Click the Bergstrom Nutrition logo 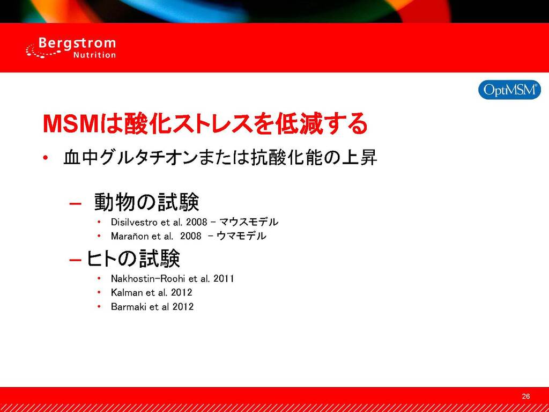(x=71, y=48)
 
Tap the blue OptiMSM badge (x=509, y=90)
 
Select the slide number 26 (x=525, y=396)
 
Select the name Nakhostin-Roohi (x=149, y=278)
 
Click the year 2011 (x=224, y=278)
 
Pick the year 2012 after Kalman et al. (x=181, y=292)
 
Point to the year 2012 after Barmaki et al (x=183, y=307)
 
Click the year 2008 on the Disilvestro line (x=197, y=222)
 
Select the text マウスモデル (x=249, y=222)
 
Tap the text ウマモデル (x=241, y=236)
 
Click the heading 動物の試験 (x=147, y=202)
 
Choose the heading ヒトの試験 (x=133, y=259)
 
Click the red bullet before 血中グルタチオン (x=45, y=158)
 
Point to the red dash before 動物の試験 (x=75, y=203)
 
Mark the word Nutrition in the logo (x=94, y=55)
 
